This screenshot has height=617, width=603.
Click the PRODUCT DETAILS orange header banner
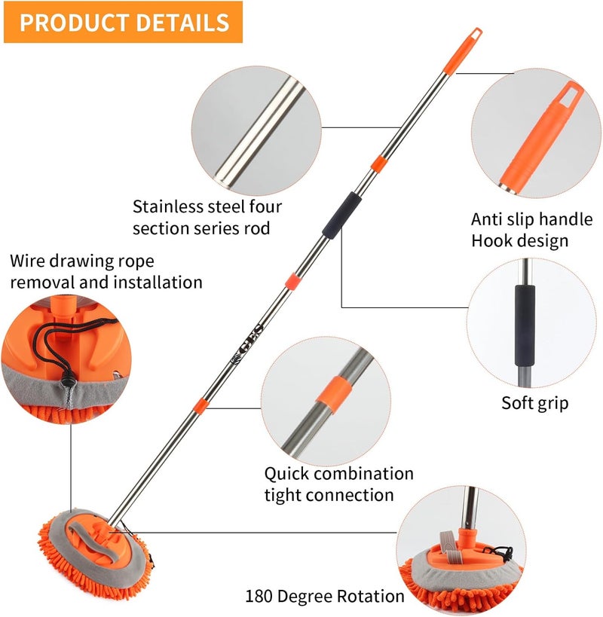(x=124, y=22)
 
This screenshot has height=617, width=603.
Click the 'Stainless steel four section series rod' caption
(x=207, y=216)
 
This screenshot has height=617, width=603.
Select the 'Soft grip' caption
(x=535, y=403)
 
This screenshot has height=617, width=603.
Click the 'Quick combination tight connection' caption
(x=338, y=484)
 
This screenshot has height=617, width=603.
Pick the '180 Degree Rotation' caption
(x=324, y=596)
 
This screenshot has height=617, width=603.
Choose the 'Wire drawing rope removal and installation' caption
(x=106, y=272)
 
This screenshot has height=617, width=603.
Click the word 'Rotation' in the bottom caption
(x=369, y=596)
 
